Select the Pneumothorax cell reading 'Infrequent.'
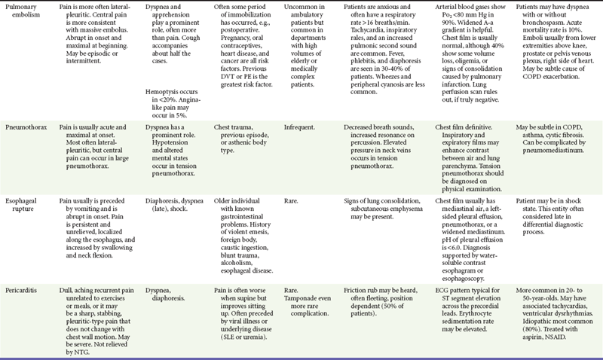[x=305, y=128]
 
